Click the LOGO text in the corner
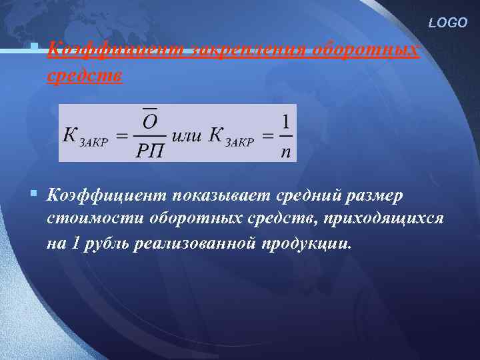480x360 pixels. [449, 23]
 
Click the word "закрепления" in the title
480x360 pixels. [248, 51]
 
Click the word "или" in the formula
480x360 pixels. [186, 135]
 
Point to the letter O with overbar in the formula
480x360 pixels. [150, 121]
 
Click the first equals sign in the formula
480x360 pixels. [121, 136]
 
